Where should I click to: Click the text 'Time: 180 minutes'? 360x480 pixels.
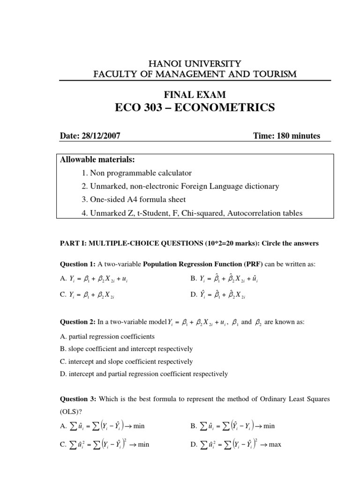286,136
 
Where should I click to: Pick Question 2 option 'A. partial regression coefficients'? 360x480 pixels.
107,337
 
